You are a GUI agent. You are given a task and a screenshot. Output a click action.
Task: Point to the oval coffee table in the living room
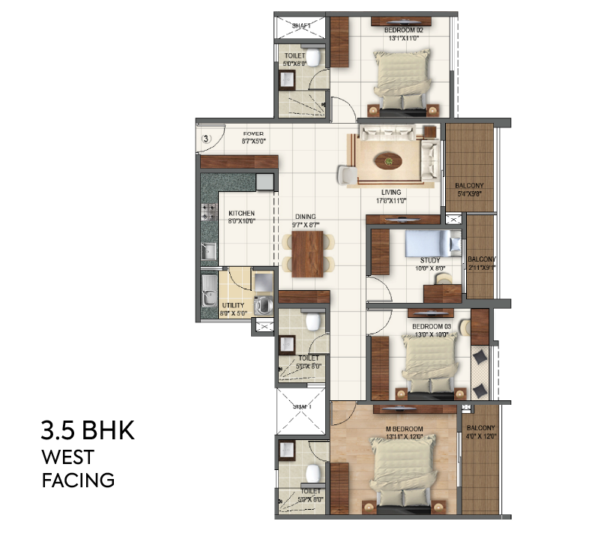tap(389, 158)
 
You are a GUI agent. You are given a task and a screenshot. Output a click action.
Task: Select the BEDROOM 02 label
tap(404, 30)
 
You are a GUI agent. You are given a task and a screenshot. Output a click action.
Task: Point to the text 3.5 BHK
tap(88, 433)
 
